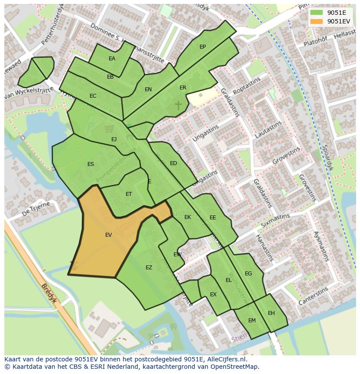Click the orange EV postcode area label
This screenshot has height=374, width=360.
[x=108, y=235]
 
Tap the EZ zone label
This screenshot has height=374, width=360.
[x=149, y=268]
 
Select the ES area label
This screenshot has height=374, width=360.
[x=90, y=164]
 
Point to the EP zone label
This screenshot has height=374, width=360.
[x=203, y=47]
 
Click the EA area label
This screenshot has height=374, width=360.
[x=112, y=59]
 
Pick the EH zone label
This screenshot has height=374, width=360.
[x=271, y=313]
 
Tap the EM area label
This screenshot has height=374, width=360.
[x=252, y=321]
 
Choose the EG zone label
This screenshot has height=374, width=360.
[x=248, y=274]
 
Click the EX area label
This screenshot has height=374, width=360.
[x=213, y=295]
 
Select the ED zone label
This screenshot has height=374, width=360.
[x=173, y=163]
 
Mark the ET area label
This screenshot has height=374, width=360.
[x=129, y=194]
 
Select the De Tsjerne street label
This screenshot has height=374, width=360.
[x=36, y=209]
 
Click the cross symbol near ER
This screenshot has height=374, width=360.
[x=178, y=105]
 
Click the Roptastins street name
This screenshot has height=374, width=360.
[x=247, y=86]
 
